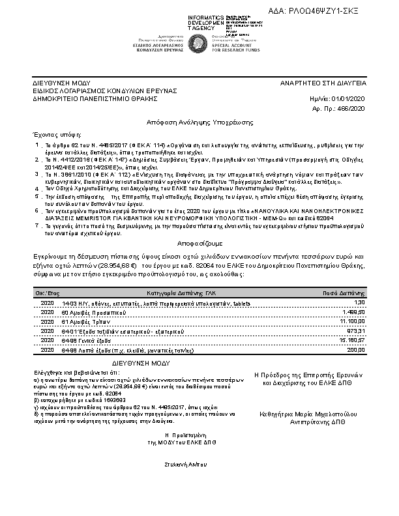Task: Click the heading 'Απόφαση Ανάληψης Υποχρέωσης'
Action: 199,122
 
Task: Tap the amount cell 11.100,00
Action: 352,322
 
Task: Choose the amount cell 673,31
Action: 356,331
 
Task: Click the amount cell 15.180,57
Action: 352,340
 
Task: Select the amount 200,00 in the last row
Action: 356,349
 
